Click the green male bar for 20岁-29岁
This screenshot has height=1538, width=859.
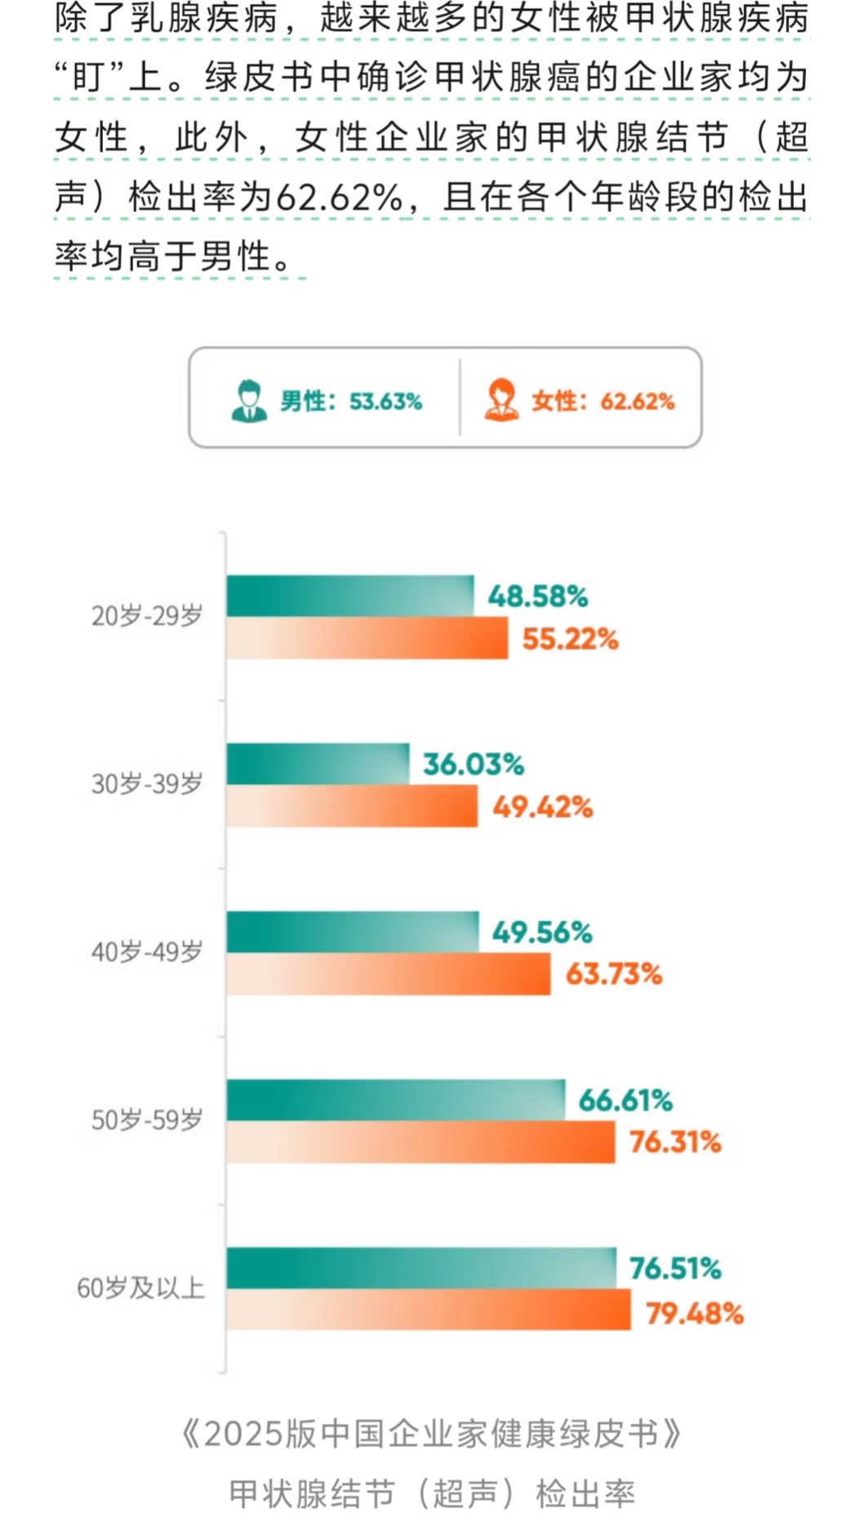349,596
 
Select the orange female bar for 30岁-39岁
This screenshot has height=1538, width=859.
352,807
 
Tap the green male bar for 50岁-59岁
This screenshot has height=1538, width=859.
395,1100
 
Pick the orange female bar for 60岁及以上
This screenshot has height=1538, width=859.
428,1309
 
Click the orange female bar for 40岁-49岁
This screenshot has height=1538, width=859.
388,974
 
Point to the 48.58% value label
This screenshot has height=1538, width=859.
537,597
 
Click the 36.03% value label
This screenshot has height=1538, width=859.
473,765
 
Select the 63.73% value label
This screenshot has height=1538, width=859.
613,974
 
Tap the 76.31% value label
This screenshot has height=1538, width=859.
674,1142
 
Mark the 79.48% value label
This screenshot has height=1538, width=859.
694,1314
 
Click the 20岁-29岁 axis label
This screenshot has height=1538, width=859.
147,616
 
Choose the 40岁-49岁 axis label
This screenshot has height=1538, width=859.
147,952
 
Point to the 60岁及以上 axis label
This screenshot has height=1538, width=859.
140,1288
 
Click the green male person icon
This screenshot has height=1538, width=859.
249,401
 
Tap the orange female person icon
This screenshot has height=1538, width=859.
501,401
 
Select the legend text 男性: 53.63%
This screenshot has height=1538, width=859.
351,402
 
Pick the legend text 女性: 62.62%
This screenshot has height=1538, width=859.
603,402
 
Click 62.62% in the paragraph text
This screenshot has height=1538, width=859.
340,198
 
